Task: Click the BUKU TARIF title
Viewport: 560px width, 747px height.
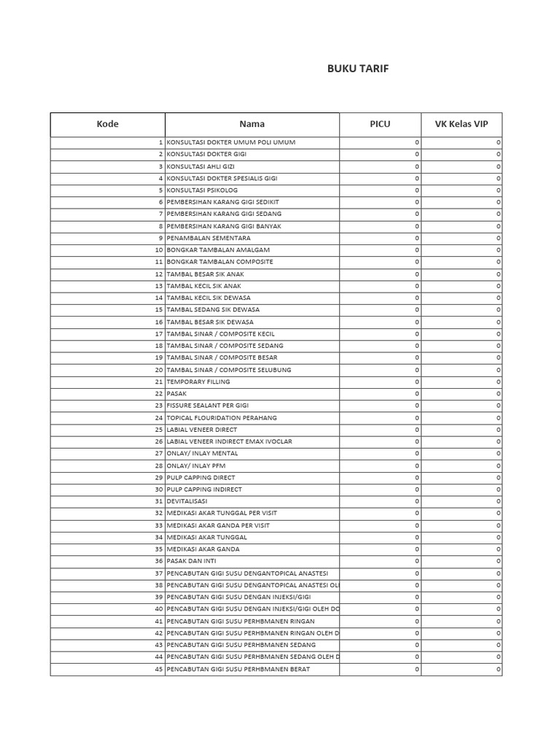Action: pos(357,69)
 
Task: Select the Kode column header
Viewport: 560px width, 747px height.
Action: pos(107,124)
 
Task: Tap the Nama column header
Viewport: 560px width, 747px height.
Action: pos(252,124)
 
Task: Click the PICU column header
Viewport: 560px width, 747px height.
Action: pos(380,124)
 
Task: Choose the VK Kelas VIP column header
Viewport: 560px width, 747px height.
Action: pos(462,124)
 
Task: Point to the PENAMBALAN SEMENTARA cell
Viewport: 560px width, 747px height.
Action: pos(209,238)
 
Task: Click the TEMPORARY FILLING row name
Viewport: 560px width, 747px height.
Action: pos(198,382)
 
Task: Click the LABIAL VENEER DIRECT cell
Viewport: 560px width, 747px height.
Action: pos(203,430)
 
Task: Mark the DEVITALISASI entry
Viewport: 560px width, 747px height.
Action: pos(187,501)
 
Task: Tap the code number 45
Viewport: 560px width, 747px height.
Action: pos(158,669)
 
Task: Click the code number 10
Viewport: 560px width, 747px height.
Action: pos(158,249)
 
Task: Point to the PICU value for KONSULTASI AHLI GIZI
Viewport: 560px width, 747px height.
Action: pos(417,166)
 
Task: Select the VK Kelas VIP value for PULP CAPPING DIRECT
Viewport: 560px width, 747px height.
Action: pos(499,477)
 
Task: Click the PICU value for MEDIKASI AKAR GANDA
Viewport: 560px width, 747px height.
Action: pos(417,549)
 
